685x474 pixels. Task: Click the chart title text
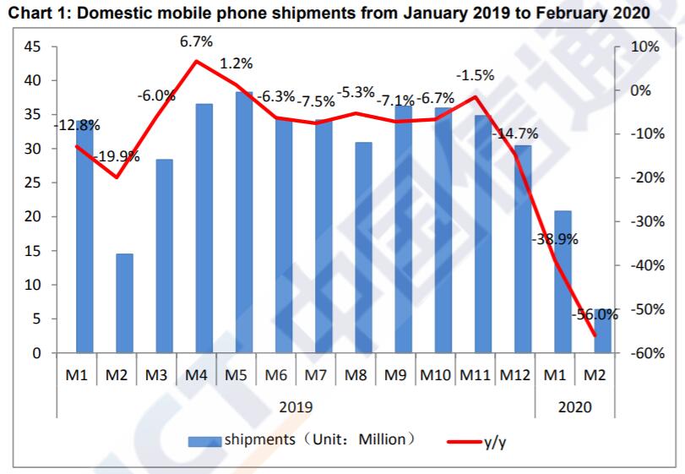point(329,14)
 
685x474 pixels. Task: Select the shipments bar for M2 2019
point(124,302)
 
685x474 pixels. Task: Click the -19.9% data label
point(117,156)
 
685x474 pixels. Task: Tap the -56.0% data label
point(595,314)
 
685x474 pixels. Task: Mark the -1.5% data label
point(475,76)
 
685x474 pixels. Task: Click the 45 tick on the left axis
point(30,46)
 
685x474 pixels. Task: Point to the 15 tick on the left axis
point(30,251)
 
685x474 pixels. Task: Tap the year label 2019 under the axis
point(296,406)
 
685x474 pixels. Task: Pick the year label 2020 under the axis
point(574,406)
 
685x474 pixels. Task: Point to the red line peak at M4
point(196,61)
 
